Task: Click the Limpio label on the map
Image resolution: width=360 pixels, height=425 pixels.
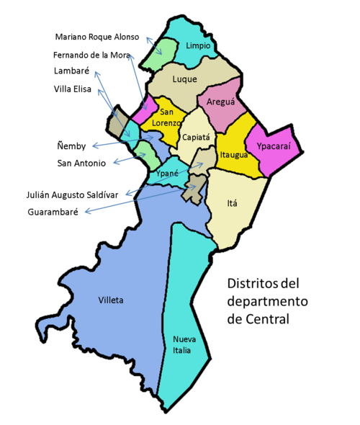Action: click(198, 46)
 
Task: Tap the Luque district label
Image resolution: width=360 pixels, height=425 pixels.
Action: click(185, 79)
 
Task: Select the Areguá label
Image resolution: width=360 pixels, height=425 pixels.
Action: click(220, 102)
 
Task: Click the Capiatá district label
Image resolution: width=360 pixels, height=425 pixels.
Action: click(196, 137)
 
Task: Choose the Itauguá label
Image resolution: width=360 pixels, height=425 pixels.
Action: click(234, 154)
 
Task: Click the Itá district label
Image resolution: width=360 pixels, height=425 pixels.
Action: click(232, 203)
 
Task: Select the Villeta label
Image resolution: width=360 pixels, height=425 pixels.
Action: click(110, 300)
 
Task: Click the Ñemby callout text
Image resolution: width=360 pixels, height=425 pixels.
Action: click(71, 146)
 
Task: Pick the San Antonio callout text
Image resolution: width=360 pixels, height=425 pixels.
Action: click(81, 164)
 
